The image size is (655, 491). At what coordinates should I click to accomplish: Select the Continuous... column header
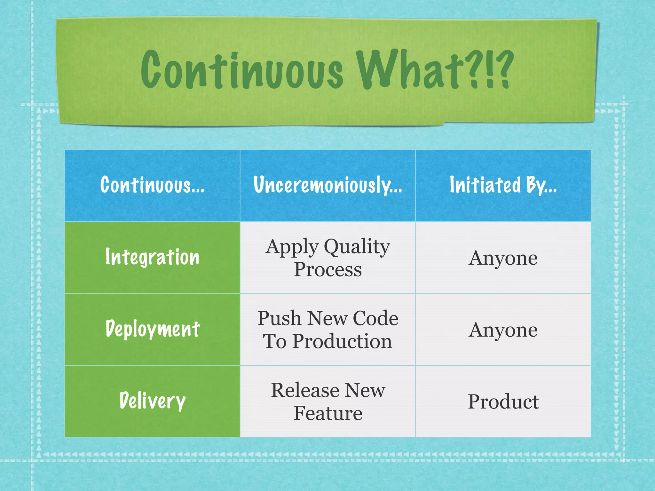152,185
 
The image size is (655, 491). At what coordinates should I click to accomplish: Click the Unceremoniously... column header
328,185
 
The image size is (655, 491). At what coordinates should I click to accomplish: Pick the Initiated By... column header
503,185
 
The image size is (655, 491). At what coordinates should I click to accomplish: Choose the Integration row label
152,257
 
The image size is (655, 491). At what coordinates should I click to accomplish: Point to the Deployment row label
153,329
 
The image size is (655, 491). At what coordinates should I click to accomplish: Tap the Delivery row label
152,401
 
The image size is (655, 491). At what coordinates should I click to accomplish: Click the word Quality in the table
357,247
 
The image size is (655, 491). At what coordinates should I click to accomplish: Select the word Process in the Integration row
328,269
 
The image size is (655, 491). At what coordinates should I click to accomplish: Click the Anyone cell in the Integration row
503,258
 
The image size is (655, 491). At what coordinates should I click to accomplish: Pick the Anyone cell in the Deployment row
503,330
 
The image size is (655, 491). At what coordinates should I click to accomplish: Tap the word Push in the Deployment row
280,318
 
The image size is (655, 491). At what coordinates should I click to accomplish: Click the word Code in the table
375,318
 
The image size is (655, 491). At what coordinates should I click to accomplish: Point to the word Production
342,341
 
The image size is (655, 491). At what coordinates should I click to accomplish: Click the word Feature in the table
328,413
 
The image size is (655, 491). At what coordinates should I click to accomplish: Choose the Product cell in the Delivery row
503,401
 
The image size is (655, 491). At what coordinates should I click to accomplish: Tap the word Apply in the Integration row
292,247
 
